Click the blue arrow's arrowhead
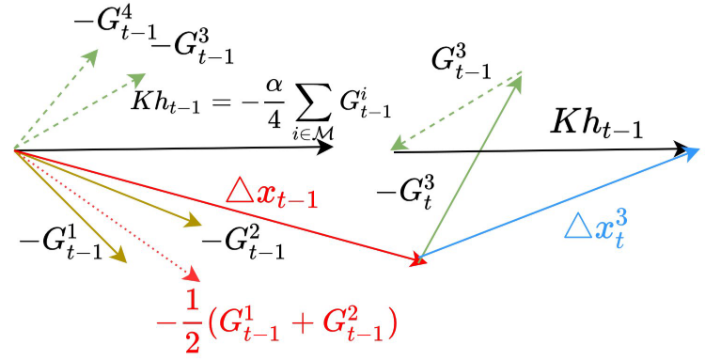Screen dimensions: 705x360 pyautogui.click(x=692, y=152)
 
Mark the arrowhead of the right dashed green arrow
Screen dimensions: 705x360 pyautogui.click(x=399, y=146)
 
